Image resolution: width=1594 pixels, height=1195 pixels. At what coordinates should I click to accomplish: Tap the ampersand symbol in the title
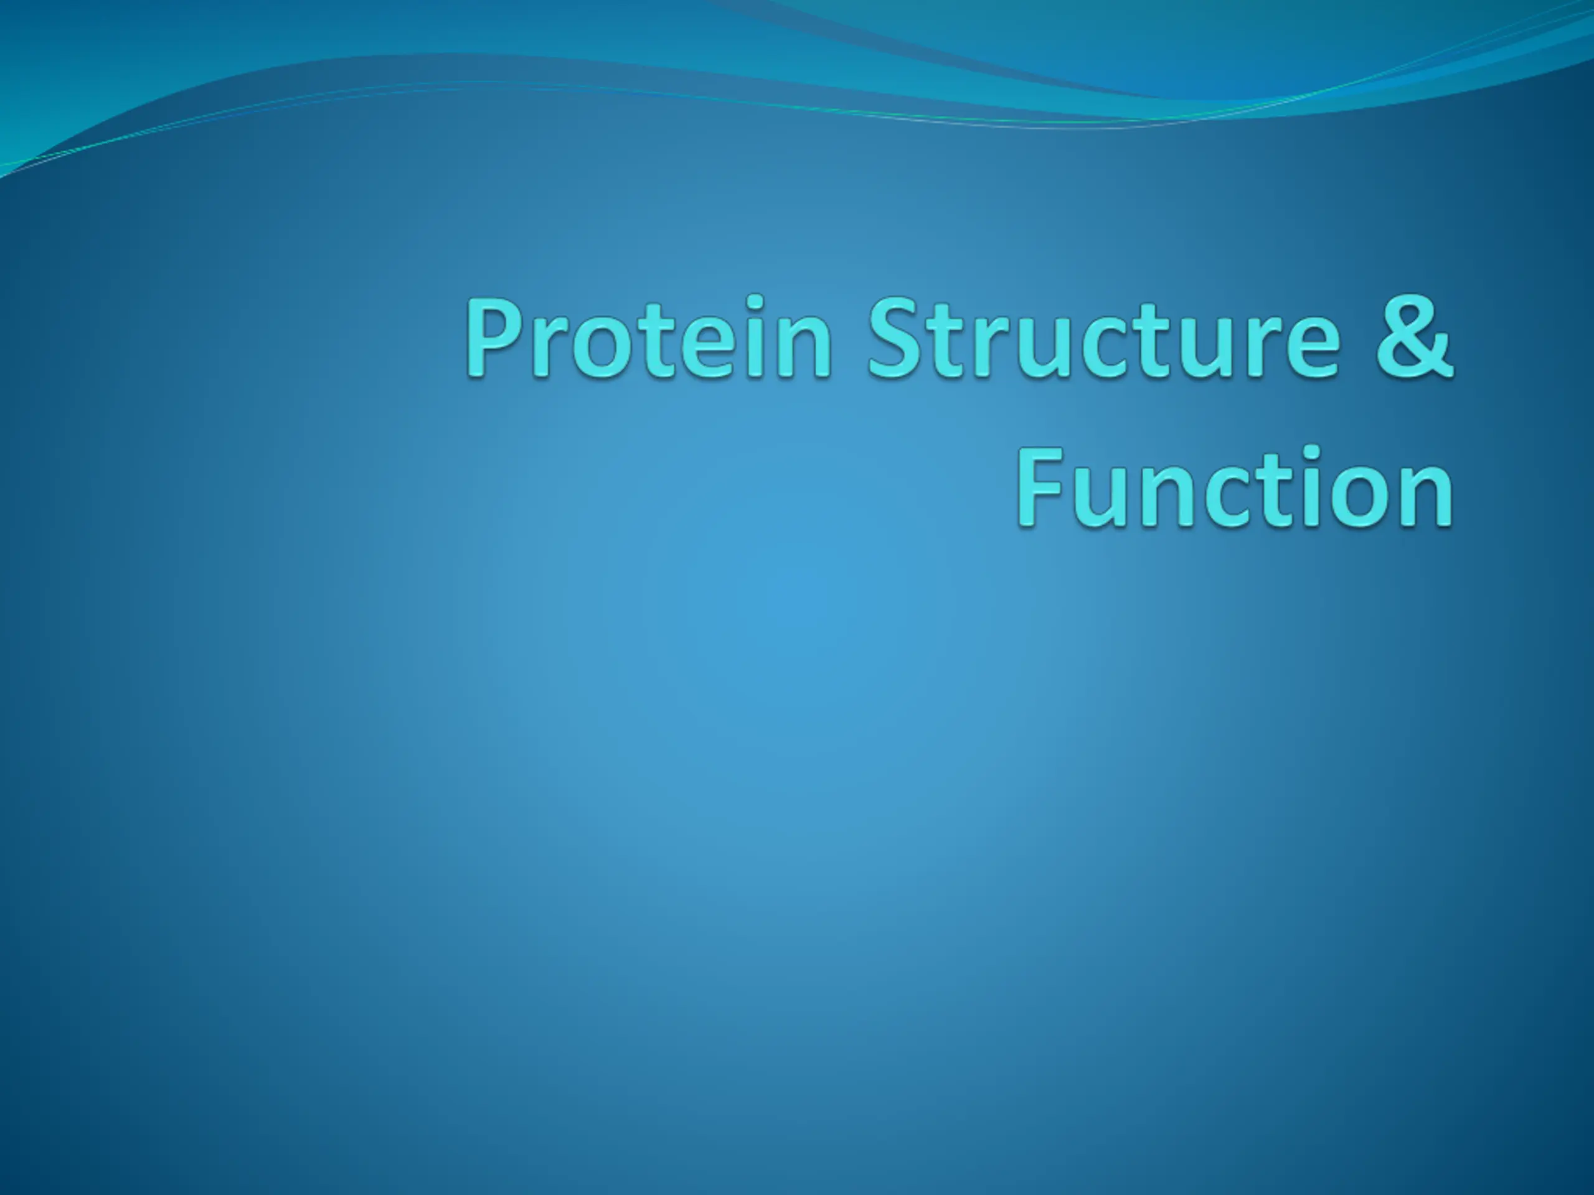point(1415,335)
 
